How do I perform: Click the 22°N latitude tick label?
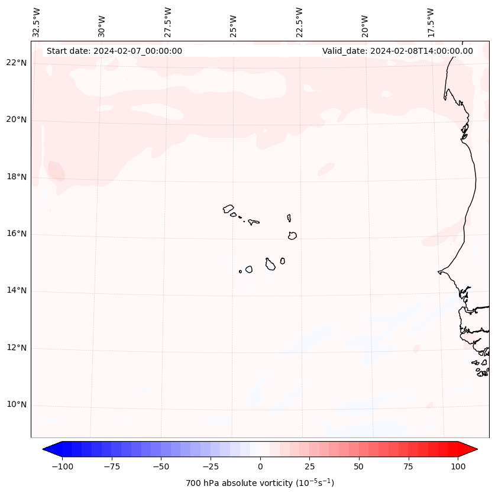(17, 63)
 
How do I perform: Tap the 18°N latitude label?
(17, 177)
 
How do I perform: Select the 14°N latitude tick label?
(17, 291)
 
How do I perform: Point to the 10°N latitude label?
(17, 405)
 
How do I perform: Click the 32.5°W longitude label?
(37, 22)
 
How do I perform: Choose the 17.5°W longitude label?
(431, 22)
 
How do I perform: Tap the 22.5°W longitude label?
(299, 22)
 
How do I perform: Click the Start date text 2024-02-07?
(114, 51)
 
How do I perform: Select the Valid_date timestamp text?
(397, 51)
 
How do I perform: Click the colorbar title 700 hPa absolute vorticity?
(260, 483)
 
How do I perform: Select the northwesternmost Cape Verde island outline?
(228, 209)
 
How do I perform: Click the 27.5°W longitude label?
(168, 22)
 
